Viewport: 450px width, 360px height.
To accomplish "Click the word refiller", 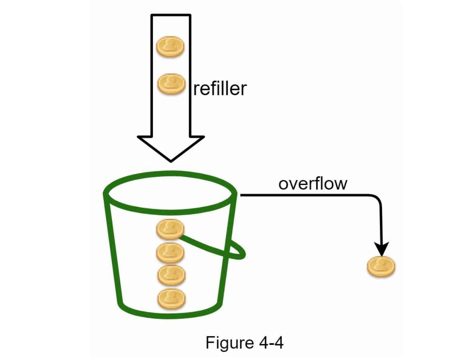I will [x=220, y=89].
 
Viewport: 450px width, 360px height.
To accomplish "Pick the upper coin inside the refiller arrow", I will [x=170, y=47].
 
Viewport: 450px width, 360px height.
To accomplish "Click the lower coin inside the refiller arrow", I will [x=171, y=84].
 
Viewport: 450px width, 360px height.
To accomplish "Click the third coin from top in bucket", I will [x=171, y=275].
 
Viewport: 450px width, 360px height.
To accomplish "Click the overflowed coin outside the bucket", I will [x=381, y=267].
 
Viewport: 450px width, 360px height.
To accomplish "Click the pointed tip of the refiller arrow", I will [x=171, y=160].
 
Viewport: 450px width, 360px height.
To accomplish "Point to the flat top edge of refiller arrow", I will [x=171, y=15].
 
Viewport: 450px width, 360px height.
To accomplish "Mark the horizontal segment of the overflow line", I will [x=306, y=195].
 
